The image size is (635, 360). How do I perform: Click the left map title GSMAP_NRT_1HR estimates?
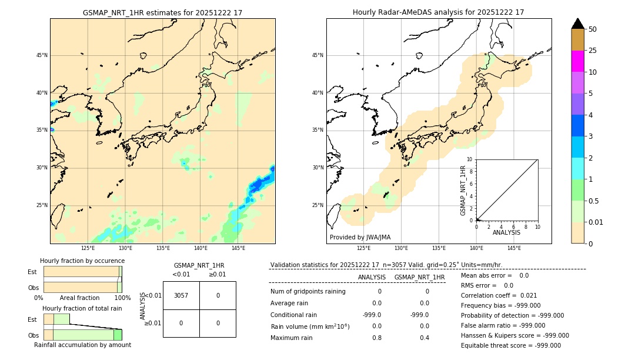[162, 12]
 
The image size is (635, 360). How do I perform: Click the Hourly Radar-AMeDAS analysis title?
[438, 12]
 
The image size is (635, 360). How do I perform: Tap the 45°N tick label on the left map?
[42, 55]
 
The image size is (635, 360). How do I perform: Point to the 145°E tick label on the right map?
[514, 248]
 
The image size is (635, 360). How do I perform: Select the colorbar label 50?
[593, 29]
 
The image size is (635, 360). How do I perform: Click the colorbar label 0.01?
[596, 222]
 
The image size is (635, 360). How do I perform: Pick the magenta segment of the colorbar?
[578, 61]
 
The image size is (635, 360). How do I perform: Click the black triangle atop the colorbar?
[578, 24]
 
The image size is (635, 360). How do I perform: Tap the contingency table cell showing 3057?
[181, 295]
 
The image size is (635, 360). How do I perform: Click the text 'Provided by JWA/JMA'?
[360, 237]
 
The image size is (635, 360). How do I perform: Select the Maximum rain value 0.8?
[377, 338]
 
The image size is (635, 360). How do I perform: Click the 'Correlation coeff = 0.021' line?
[499, 295]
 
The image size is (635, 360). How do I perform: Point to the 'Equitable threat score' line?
[510, 345]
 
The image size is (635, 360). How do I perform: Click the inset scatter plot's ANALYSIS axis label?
[506, 232]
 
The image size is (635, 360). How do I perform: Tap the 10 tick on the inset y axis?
[470, 159]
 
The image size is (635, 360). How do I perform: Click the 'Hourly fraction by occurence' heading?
[82, 261]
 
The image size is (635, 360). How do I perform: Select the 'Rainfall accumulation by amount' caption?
[82, 345]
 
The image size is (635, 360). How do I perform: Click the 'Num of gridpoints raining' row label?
[308, 291]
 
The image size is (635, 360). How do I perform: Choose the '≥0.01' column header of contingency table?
[217, 274]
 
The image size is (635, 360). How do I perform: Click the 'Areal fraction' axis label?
[79, 298]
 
